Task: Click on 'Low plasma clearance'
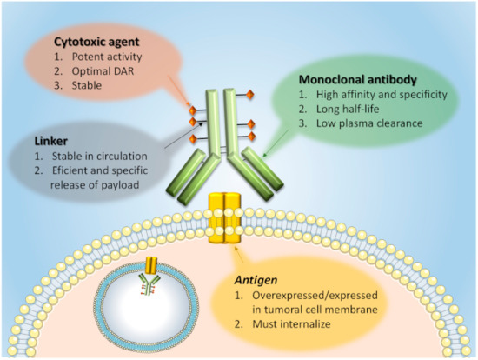click(364, 123)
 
